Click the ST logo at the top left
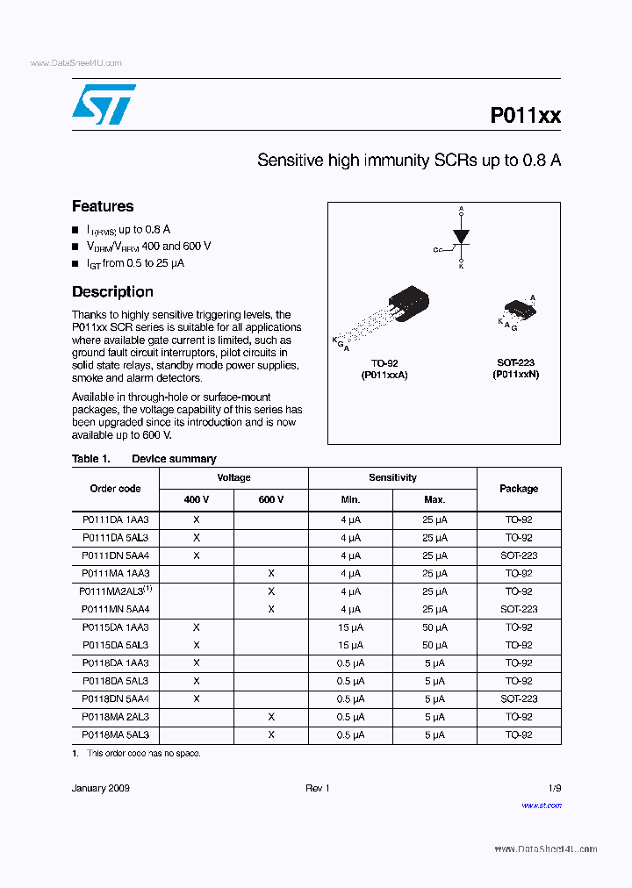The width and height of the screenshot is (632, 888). click(x=104, y=104)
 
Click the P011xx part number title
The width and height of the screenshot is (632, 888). click(x=525, y=116)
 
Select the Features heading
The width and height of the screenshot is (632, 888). click(x=103, y=206)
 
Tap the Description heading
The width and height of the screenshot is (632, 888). click(x=112, y=292)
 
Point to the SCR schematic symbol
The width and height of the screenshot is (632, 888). click(x=459, y=238)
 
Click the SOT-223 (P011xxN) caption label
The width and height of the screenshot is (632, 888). click(x=515, y=369)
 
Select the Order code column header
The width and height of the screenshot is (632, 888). click(x=115, y=489)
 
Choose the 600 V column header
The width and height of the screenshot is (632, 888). click(x=270, y=499)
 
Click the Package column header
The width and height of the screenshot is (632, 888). click(x=518, y=489)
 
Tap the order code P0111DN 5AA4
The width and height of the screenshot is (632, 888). click(x=115, y=555)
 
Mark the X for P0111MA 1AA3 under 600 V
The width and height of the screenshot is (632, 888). click(x=271, y=573)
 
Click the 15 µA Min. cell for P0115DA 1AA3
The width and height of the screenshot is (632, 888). click(x=350, y=627)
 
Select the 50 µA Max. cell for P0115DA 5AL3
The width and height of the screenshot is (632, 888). click(x=434, y=645)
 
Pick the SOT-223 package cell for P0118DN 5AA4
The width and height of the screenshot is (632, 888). click(x=518, y=699)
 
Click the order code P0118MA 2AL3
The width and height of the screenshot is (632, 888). click(x=115, y=717)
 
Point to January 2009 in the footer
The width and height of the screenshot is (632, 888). click(x=100, y=789)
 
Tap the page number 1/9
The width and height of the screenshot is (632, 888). click(x=554, y=789)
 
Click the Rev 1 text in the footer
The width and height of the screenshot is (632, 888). click(x=317, y=789)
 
